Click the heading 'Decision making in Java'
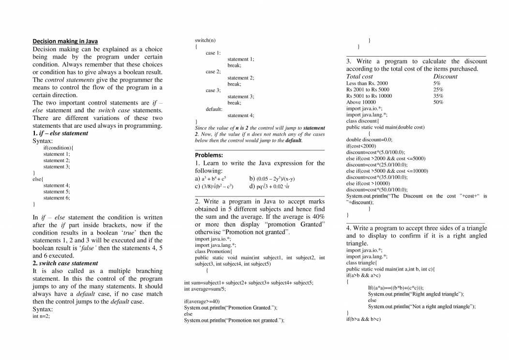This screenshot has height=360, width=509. (x=65, y=41)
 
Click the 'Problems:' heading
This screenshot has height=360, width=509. (x=209, y=155)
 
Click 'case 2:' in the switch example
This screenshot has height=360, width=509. (x=213, y=72)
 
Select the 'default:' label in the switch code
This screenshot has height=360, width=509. (x=214, y=109)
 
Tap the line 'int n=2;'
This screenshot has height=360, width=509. (x=41, y=316)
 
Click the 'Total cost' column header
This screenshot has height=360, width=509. (x=359, y=76)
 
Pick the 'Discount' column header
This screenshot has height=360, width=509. (x=445, y=76)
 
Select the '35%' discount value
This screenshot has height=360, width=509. (x=438, y=96)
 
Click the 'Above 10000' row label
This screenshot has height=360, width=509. (x=361, y=102)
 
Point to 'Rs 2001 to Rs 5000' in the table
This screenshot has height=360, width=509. (x=368, y=90)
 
